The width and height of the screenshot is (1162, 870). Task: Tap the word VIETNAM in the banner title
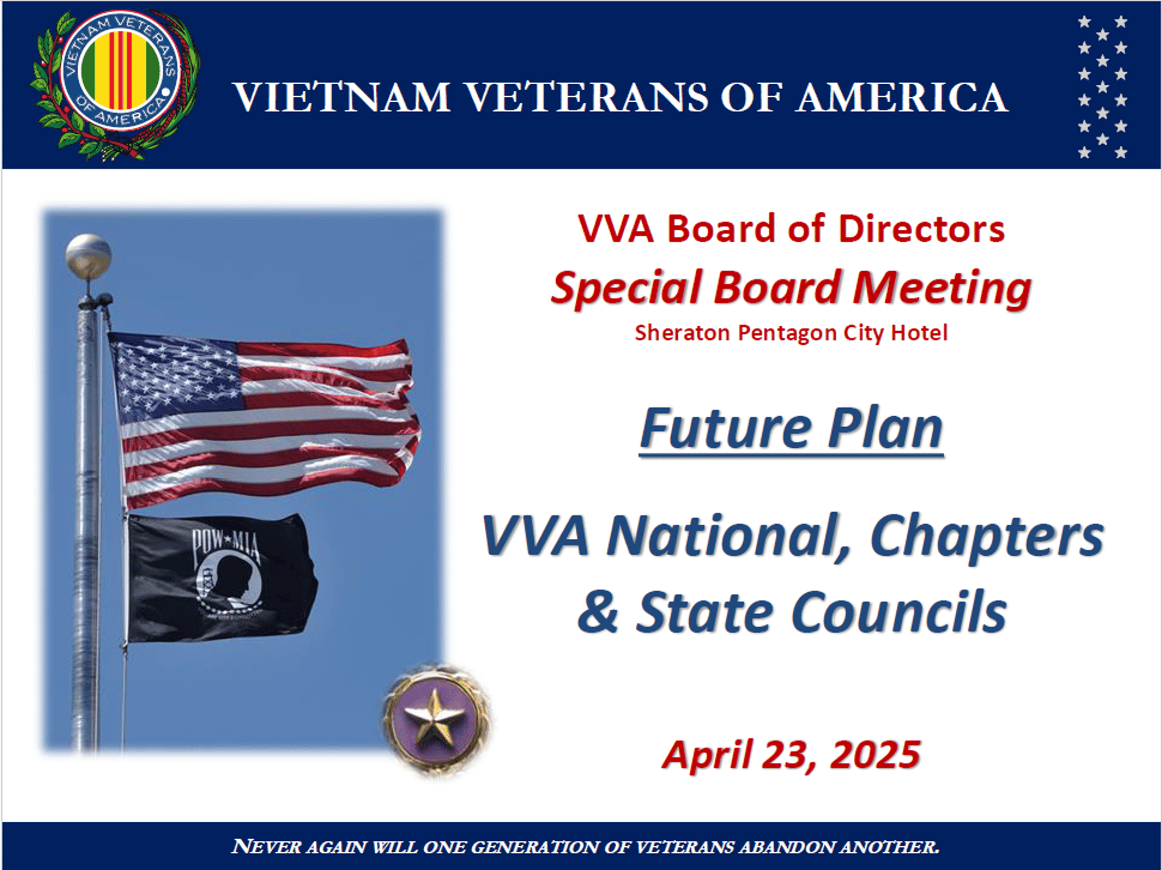click(342, 97)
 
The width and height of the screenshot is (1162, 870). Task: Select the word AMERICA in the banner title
click(901, 97)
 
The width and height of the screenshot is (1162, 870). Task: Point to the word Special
click(627, 288)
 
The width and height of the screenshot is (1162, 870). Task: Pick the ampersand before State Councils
click(598, 611)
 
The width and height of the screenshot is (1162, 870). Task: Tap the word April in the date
click(708, 756)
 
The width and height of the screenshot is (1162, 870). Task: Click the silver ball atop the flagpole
click(88, 255)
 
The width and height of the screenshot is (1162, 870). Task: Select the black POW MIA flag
click(222, 578)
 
